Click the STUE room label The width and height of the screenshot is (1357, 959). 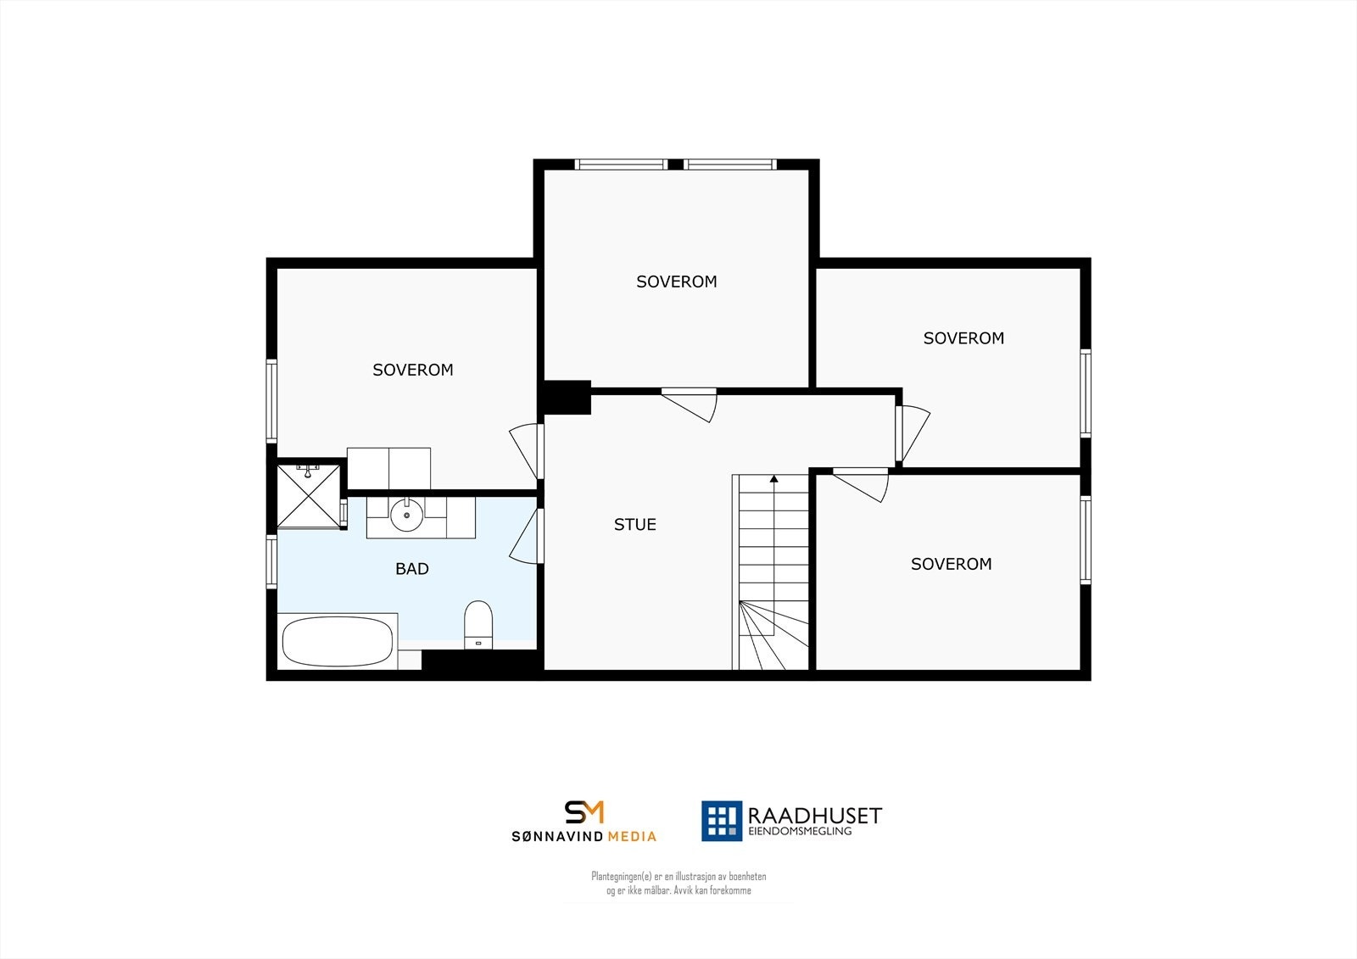tap(634, 525)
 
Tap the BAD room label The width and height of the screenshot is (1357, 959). tap(412, 569)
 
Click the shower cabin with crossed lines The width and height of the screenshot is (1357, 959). tap(308, 495)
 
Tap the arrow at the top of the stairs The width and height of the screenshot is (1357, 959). tap(773, 480)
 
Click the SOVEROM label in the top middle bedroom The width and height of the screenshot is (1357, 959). tap(676, 282)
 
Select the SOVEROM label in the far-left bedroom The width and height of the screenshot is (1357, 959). tap(413, 370)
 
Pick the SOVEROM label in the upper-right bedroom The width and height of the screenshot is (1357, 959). tap(963, 338)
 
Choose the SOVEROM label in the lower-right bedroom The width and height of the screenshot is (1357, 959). tap(951, 564)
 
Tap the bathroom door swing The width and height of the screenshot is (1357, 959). tap(526, 536)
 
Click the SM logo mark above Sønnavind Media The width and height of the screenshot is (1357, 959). tap(584, 811)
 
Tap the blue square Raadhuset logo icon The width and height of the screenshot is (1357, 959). tap(721, 820)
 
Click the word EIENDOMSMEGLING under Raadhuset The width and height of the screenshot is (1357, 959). tap(799, 833)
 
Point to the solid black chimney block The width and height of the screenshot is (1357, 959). tap(567, 398)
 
